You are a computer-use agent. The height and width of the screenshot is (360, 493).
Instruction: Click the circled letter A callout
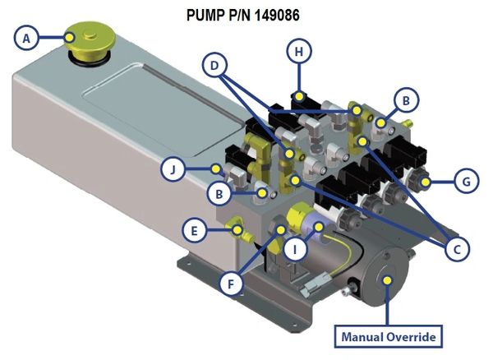click(28, 37)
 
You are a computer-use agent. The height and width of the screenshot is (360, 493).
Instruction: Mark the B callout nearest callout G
click(403, 100)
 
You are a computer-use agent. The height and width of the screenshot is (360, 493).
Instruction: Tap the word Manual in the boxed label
click(359, 336)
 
